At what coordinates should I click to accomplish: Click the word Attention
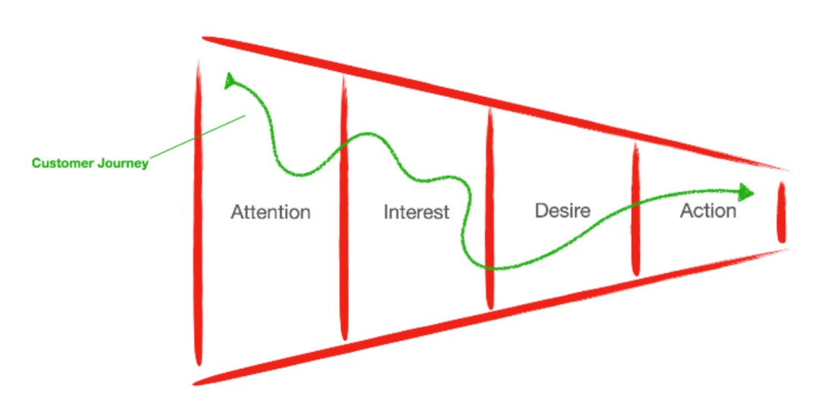[x=271, y=212]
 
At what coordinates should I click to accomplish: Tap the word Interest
[x=416, y=212]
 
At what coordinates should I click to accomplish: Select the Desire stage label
[x=563, y=210]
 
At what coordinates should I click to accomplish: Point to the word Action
[x=708, y=211]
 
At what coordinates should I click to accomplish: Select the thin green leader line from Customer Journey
[x=197, y=139]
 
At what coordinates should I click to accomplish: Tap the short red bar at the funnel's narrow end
[x=782, y=213]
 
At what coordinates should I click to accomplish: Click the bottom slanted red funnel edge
[x=493, y=310]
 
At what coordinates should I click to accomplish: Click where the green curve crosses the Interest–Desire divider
[x=490, y=267]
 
